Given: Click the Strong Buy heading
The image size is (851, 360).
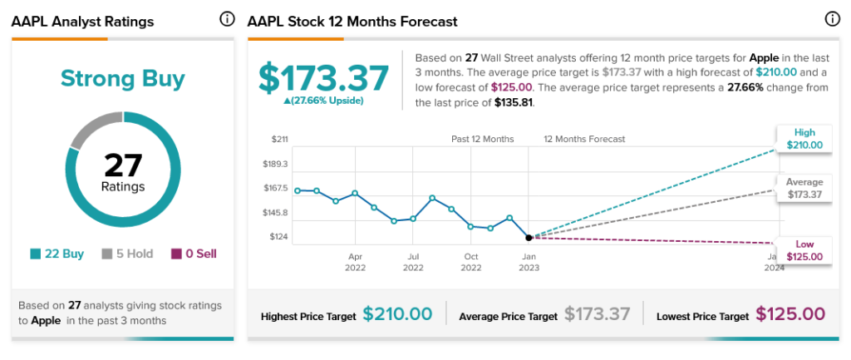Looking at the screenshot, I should (x=122, y=79).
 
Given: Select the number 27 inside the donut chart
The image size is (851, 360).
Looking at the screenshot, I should (x=123, y=165).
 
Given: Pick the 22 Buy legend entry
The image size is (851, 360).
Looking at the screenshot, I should (x=57, y=254).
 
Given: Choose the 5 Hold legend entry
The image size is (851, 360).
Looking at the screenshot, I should (x=127, y=254).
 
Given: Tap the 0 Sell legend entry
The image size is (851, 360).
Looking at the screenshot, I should (x=194, y=254).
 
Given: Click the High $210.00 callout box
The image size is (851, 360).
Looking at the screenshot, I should (x=804, y=139).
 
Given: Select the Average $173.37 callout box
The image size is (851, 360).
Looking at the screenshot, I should (x=804, y=189).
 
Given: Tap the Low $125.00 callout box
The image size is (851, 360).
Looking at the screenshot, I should (x=804, y=250).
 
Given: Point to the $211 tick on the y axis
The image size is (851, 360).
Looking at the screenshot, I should (x=279, y=139).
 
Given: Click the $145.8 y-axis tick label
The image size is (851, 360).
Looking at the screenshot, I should (x=274, y=213).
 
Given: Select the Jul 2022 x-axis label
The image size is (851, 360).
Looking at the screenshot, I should (x=413, y=262).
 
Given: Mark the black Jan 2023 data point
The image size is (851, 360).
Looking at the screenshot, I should (x=529, y=237).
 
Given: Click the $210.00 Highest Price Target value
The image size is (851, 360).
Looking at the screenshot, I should (x=397, y=314).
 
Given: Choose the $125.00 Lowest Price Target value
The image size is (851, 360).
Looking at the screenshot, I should (x=790, y=314).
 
